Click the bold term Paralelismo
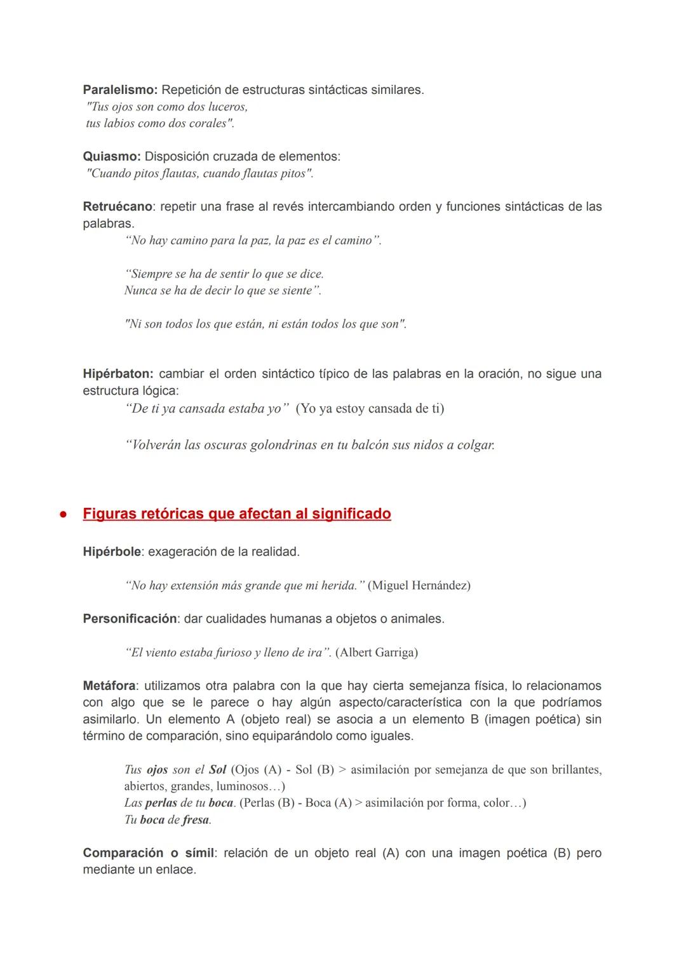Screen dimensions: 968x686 [x=120, y=90]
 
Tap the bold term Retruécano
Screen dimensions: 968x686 [x=118, y=206]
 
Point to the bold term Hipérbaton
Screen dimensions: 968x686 [x=118, y=374]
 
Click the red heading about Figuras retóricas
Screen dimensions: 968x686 [x=237, y=514]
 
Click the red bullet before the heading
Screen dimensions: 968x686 [x=64, y=515]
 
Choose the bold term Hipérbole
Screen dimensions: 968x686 [x=112, y=552]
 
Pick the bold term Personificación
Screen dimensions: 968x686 [x=130, y=618]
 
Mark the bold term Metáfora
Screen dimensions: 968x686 [x=109, y=686]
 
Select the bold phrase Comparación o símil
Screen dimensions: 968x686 [x=148, y=852]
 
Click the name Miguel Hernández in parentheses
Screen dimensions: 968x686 [x=419, y=585]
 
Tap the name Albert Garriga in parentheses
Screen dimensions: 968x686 [x=376, y=653]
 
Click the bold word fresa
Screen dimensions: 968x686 [x=196, y=819]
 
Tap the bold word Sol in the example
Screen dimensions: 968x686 [x=217, y=769]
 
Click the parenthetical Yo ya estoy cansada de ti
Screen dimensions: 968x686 [x=370, y=408]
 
